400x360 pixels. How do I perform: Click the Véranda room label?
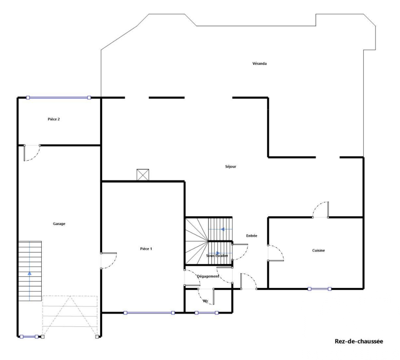pos(260,63)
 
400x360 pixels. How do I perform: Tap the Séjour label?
pos(230,167)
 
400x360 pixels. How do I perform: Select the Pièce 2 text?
pos(54,119)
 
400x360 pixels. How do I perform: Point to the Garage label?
pos(59,224)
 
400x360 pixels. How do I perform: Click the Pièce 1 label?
pos(146,249)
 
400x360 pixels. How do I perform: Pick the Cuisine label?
pos(318,250)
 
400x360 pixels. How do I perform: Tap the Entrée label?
pos(252,236)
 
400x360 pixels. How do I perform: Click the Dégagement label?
pos(208,276)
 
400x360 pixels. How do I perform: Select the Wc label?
pos(205,301)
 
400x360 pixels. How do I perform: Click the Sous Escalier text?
pos(217,256)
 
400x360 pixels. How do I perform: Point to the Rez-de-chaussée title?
pos(359,341)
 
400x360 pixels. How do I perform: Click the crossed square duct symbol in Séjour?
pos(143,175)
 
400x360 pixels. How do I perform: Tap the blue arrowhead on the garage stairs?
pos(29,273)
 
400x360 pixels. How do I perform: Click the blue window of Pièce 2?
pos(59,98)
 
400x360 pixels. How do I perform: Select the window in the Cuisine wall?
pos(319,289)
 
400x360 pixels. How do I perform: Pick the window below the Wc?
pos(207,313)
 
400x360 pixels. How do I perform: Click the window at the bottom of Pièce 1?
pos(149,313)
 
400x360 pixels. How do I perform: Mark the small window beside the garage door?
pos(29,337)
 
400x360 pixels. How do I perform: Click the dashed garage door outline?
pos(70,317)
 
